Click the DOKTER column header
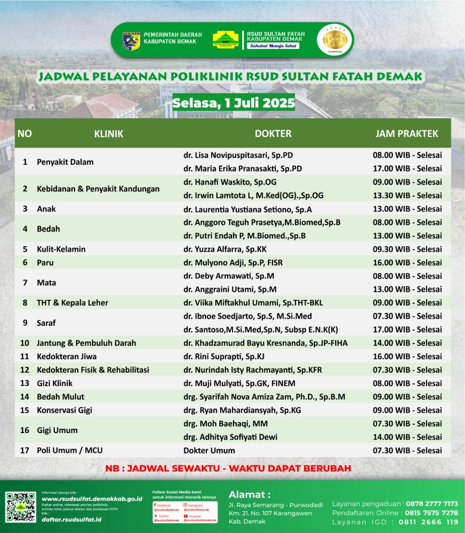point(273,134)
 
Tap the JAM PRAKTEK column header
point(407,134)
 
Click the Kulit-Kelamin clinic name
point(61,249)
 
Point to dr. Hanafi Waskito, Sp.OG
point(230,182)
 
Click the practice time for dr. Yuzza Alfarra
point(407,249)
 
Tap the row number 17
point(25,450)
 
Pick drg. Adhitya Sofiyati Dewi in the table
point(230,437)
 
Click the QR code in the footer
point(20,507)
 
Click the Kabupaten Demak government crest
point(131,41)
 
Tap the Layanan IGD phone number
point(428,522)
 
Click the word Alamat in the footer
point(250,494)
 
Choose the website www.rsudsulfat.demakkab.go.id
point(92,499)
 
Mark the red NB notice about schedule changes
point(228,468)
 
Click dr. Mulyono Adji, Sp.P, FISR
point(233,263)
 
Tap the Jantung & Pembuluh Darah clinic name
point(86,343)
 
